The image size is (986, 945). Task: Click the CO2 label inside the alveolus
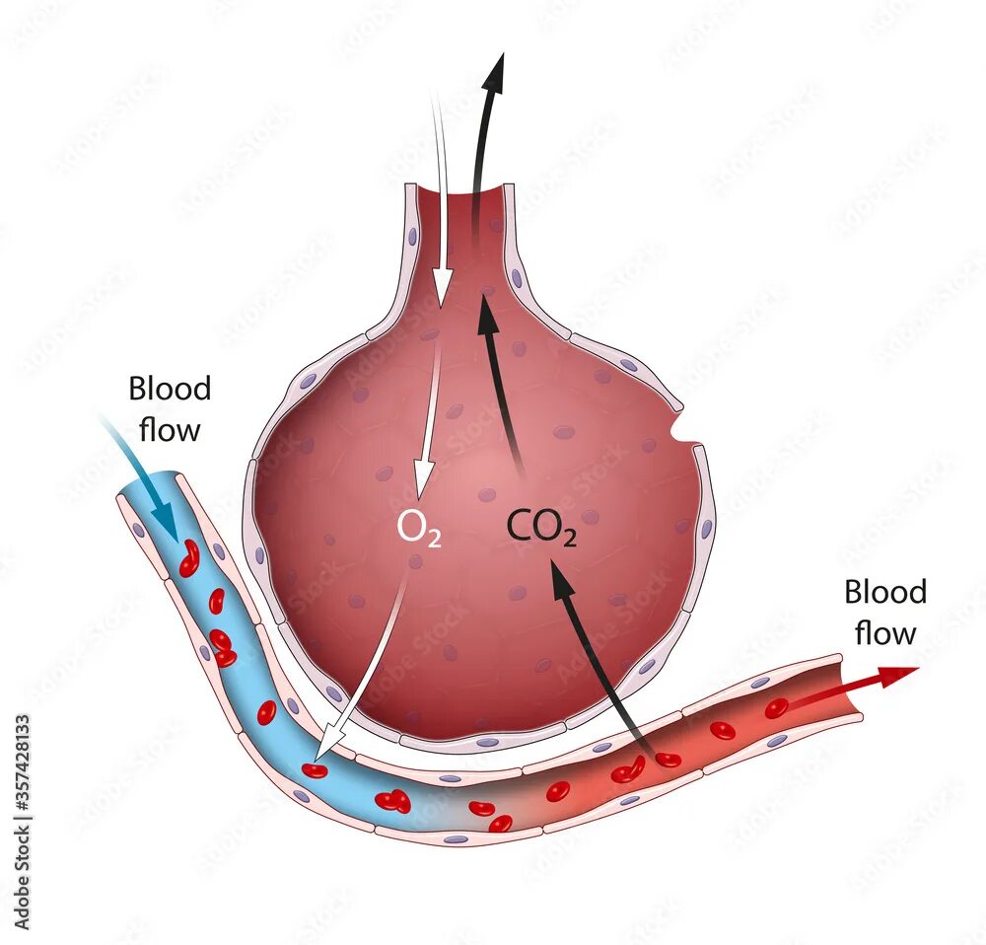[x=541, y=527]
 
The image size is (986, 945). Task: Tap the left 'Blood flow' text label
[x=170, y=408]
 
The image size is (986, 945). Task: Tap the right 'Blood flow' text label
[x=885, y=612]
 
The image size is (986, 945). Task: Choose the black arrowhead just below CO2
[x=560, y=580]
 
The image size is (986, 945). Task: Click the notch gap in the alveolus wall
[x=680, y=429]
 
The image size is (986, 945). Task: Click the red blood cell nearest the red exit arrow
[x=776, y=708]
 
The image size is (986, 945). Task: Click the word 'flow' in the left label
[x=170, y=429]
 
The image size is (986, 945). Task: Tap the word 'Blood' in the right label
[x=885, y=592]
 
